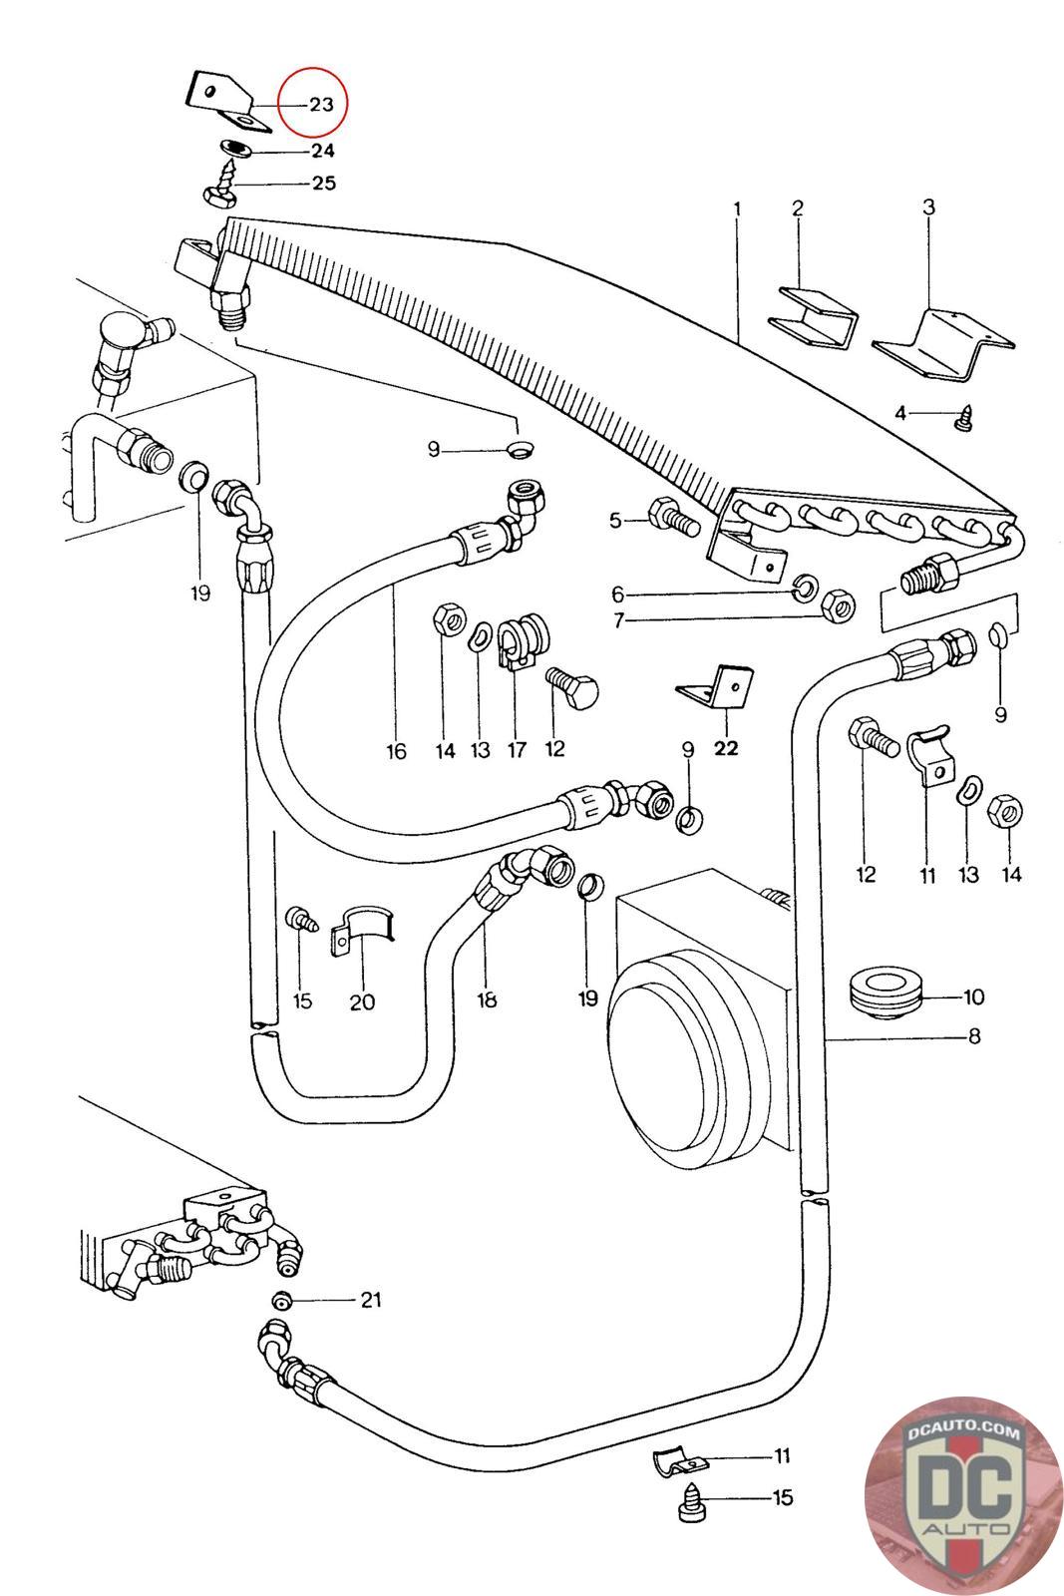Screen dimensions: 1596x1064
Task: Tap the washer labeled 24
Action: pyautogui.click(x=235, y=149)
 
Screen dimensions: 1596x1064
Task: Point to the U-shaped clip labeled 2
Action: pyautogui.click(x=815, y=316)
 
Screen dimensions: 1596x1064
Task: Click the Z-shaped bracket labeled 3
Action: pyautogui.click(x=942, y=344)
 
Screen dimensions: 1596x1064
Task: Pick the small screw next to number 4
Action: pyautogui.click(x=963, y=420)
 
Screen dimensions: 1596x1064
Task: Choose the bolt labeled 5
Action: pyautogui.click(x=669, y=519)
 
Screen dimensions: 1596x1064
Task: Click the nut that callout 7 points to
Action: pyautogui.click(x=839, y=602)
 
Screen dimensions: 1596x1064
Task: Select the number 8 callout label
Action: pyautogui.click(x=973, y=1036)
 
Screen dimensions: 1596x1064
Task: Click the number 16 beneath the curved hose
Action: pyautogui.click(x=396, y=750)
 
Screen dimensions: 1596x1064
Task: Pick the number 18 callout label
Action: pyautogui.click(x=487, y=998)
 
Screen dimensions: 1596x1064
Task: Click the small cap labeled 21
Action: pyautogui.click(x=282, y=1301)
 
